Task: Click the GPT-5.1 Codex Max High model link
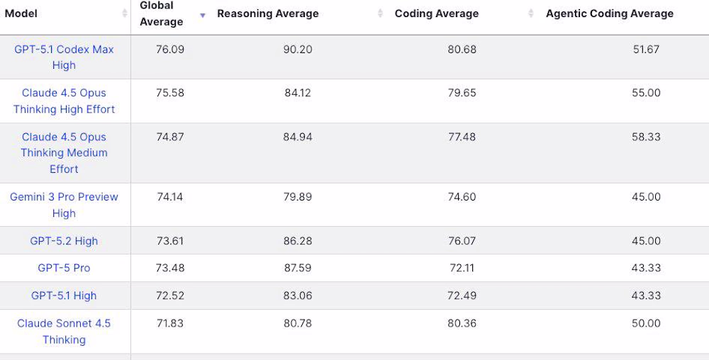coord(64,57)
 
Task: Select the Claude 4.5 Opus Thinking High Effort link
coord(64,101)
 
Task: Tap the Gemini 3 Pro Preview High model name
coord(64,205)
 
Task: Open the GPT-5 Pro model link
coord(64,268)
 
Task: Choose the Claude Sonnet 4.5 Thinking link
coord(64,331)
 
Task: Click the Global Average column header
coord(161,13)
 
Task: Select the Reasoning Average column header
coord(268,13)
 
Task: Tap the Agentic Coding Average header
coord(610,13)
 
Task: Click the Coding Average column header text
coord(437,13)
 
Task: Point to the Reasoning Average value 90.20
coord(297,50)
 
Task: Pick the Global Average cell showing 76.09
coord(170,50)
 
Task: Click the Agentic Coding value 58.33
coord(646,137)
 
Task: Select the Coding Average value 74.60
coord(462,197)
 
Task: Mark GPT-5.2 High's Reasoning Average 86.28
coord(297,241)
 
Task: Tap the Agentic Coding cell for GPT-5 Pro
coord(646,268)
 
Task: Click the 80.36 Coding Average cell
coord(462,323)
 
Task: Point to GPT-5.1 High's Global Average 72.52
coord(170,296)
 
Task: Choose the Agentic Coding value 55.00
coord(646,93)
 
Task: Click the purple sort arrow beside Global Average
coord(203,15)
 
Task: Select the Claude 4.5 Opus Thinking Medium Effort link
coord(64,152)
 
